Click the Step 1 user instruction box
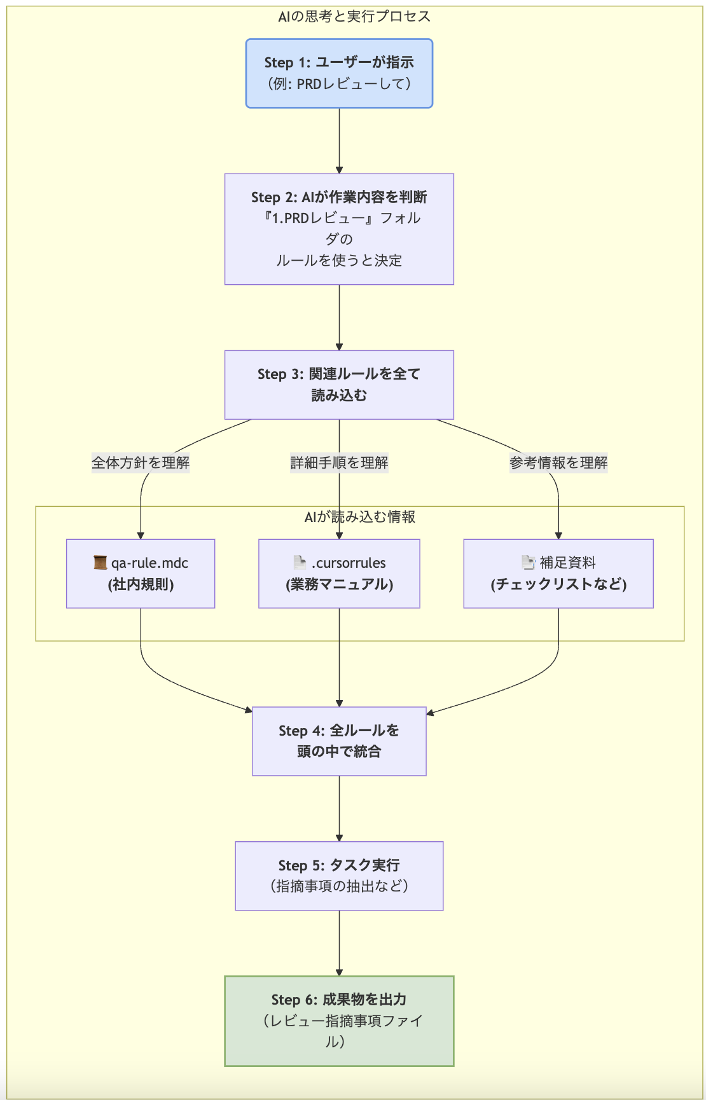coord(339,73)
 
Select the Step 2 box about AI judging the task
coord(339,229)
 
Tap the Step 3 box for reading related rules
coord(339,385)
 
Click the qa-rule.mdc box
coord(141,574)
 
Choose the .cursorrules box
coord(339,574)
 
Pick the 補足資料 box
coord(558,574)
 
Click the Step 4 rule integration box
coord(339,741)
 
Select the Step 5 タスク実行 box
coord(339,876)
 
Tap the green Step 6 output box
coord(339,1021)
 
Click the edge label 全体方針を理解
coord(141,462)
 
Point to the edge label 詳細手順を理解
coord(339,462)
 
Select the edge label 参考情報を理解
coord(558,462)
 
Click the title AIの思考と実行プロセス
coord(354,17)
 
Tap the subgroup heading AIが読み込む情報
coord(360,516)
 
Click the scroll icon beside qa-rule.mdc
coord(100,563)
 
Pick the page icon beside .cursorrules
coord(300,563)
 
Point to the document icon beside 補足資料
coord(528,563)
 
